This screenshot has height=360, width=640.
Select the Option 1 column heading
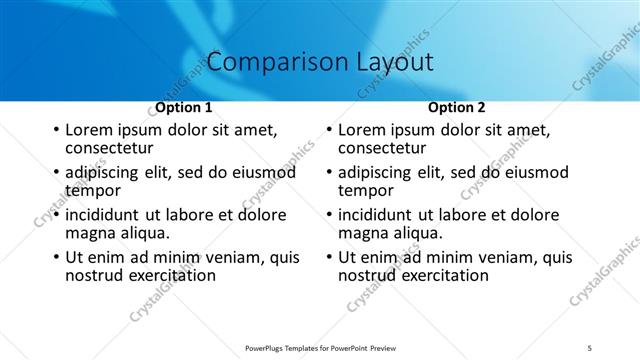coord(184,107)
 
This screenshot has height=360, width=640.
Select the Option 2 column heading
coord(457,107)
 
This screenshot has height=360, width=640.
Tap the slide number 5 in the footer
coord(590,348)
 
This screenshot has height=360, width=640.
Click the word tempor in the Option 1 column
coord(93,190)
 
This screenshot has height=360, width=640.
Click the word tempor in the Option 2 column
coord(366,190)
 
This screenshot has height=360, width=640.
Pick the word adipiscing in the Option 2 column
coord(377,173)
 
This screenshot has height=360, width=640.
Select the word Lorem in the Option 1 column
coord(88,130)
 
